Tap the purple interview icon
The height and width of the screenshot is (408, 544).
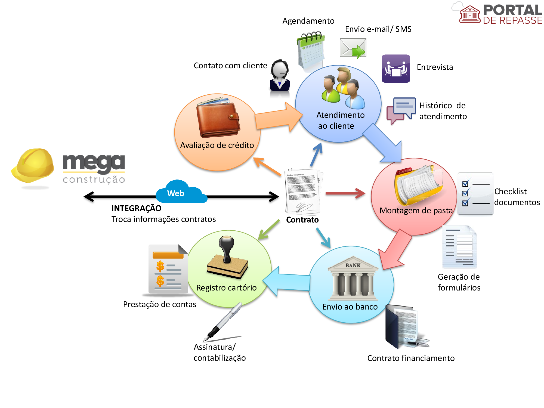(396, 69)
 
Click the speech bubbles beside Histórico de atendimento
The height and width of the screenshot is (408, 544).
(401, 110)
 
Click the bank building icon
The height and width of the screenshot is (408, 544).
(353, 277)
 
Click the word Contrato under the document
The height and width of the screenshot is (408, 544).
(302, 220)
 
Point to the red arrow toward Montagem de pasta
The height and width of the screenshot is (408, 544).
(345, 193)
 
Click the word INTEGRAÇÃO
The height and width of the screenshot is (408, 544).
(136, 208)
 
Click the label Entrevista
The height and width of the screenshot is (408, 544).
(435, 67)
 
